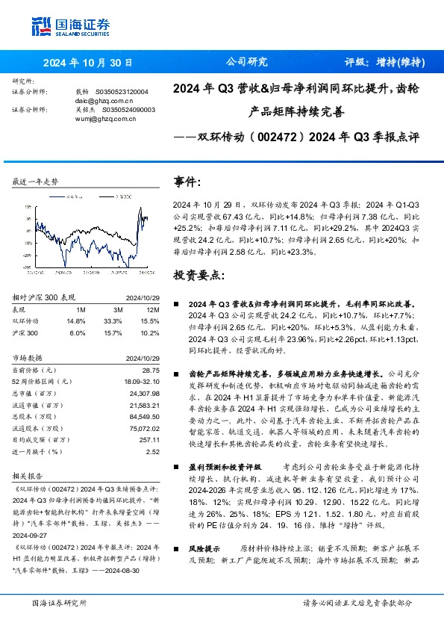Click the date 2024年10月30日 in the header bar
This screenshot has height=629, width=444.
[88, 63]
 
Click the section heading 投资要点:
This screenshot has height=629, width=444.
[198, 276]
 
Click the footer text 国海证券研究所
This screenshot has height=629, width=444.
[60, 602]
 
